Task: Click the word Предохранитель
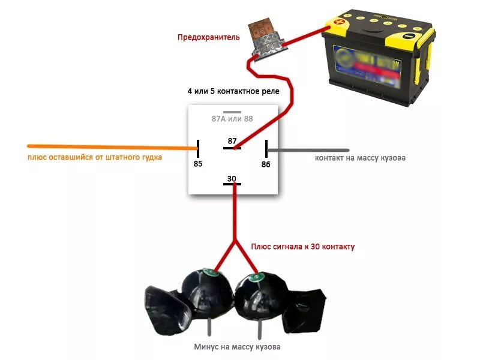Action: [x=208, y=37]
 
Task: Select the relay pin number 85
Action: [x=198, y=163]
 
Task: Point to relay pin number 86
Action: [x=266, y=164]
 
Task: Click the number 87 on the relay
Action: [x=232, y=141]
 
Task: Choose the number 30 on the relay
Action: [x=232, y=178]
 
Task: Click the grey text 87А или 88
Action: [x=232, y=119]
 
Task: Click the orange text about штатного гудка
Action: [x=94, y=158]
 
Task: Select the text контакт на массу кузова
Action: [x=361, y=158]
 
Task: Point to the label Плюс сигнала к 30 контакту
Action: [x=303, y=247]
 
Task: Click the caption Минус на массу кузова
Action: [x=237, y=347]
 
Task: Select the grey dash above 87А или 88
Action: [x=232, y=112]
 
